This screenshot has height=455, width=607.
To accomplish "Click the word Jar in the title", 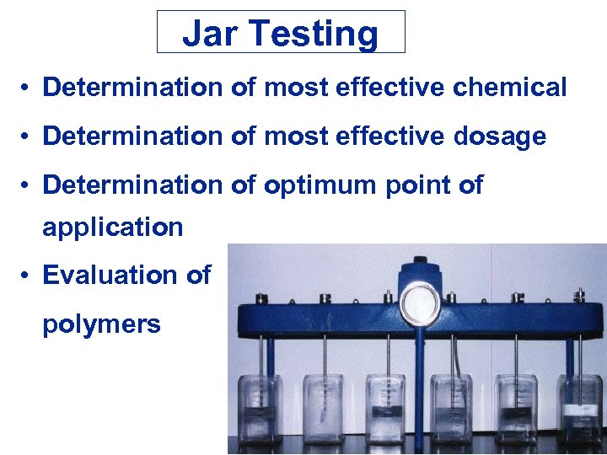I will [x=205, y=34].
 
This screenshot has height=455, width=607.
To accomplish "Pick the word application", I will [x=113, y=227].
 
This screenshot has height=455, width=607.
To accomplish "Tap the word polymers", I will [x=101, y=325].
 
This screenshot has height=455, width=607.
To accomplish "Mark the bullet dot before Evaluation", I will [x=28, y=276].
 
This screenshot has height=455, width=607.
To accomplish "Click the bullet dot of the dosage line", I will [x=28, y=136].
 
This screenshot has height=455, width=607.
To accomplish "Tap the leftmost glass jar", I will [x=260, y=409].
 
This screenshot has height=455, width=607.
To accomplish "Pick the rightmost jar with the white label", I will [x=581, y=409].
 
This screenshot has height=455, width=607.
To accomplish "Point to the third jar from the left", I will [x=387, y=409].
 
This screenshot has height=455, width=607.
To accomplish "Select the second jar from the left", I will [x=323, y=409].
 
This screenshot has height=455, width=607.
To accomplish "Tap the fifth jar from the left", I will [x=516, y=409].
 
